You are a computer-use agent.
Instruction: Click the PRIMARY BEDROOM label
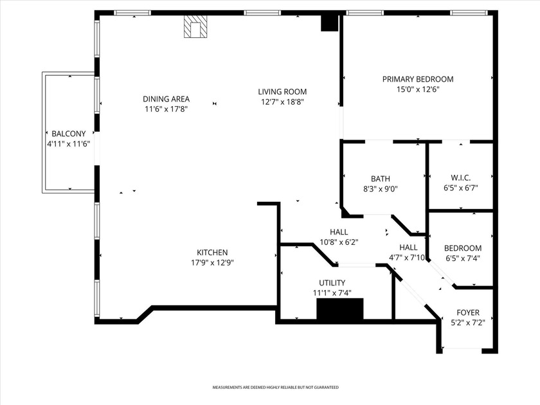pos(418,79)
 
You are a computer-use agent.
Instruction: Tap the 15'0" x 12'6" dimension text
pos(418,90)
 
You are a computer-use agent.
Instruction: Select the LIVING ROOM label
pos(283,91)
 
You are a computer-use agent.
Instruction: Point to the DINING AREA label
pos(166,99)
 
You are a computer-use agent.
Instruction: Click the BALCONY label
pos(69,134)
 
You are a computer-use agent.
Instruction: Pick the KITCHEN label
pos(212,252)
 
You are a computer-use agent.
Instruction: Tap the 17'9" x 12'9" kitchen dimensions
pos(212,262)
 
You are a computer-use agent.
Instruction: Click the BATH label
pos(381,179)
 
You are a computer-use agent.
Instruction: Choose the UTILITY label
pos(332,283)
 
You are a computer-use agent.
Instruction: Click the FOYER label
pos(468,312)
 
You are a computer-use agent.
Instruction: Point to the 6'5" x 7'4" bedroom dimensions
pos(463,258)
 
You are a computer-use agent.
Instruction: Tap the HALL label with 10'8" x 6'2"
pos(339,232)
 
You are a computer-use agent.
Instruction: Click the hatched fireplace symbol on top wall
pos(195,27)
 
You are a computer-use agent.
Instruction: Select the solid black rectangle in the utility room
pos(340,309)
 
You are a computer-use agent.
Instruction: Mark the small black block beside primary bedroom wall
pos(330,22)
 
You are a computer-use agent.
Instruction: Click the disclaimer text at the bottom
pos(275,388)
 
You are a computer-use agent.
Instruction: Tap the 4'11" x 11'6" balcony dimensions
pos(68,144)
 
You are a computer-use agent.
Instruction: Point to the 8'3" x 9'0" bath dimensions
pos(381,189)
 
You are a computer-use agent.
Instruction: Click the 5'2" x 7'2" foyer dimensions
pos(468,323)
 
